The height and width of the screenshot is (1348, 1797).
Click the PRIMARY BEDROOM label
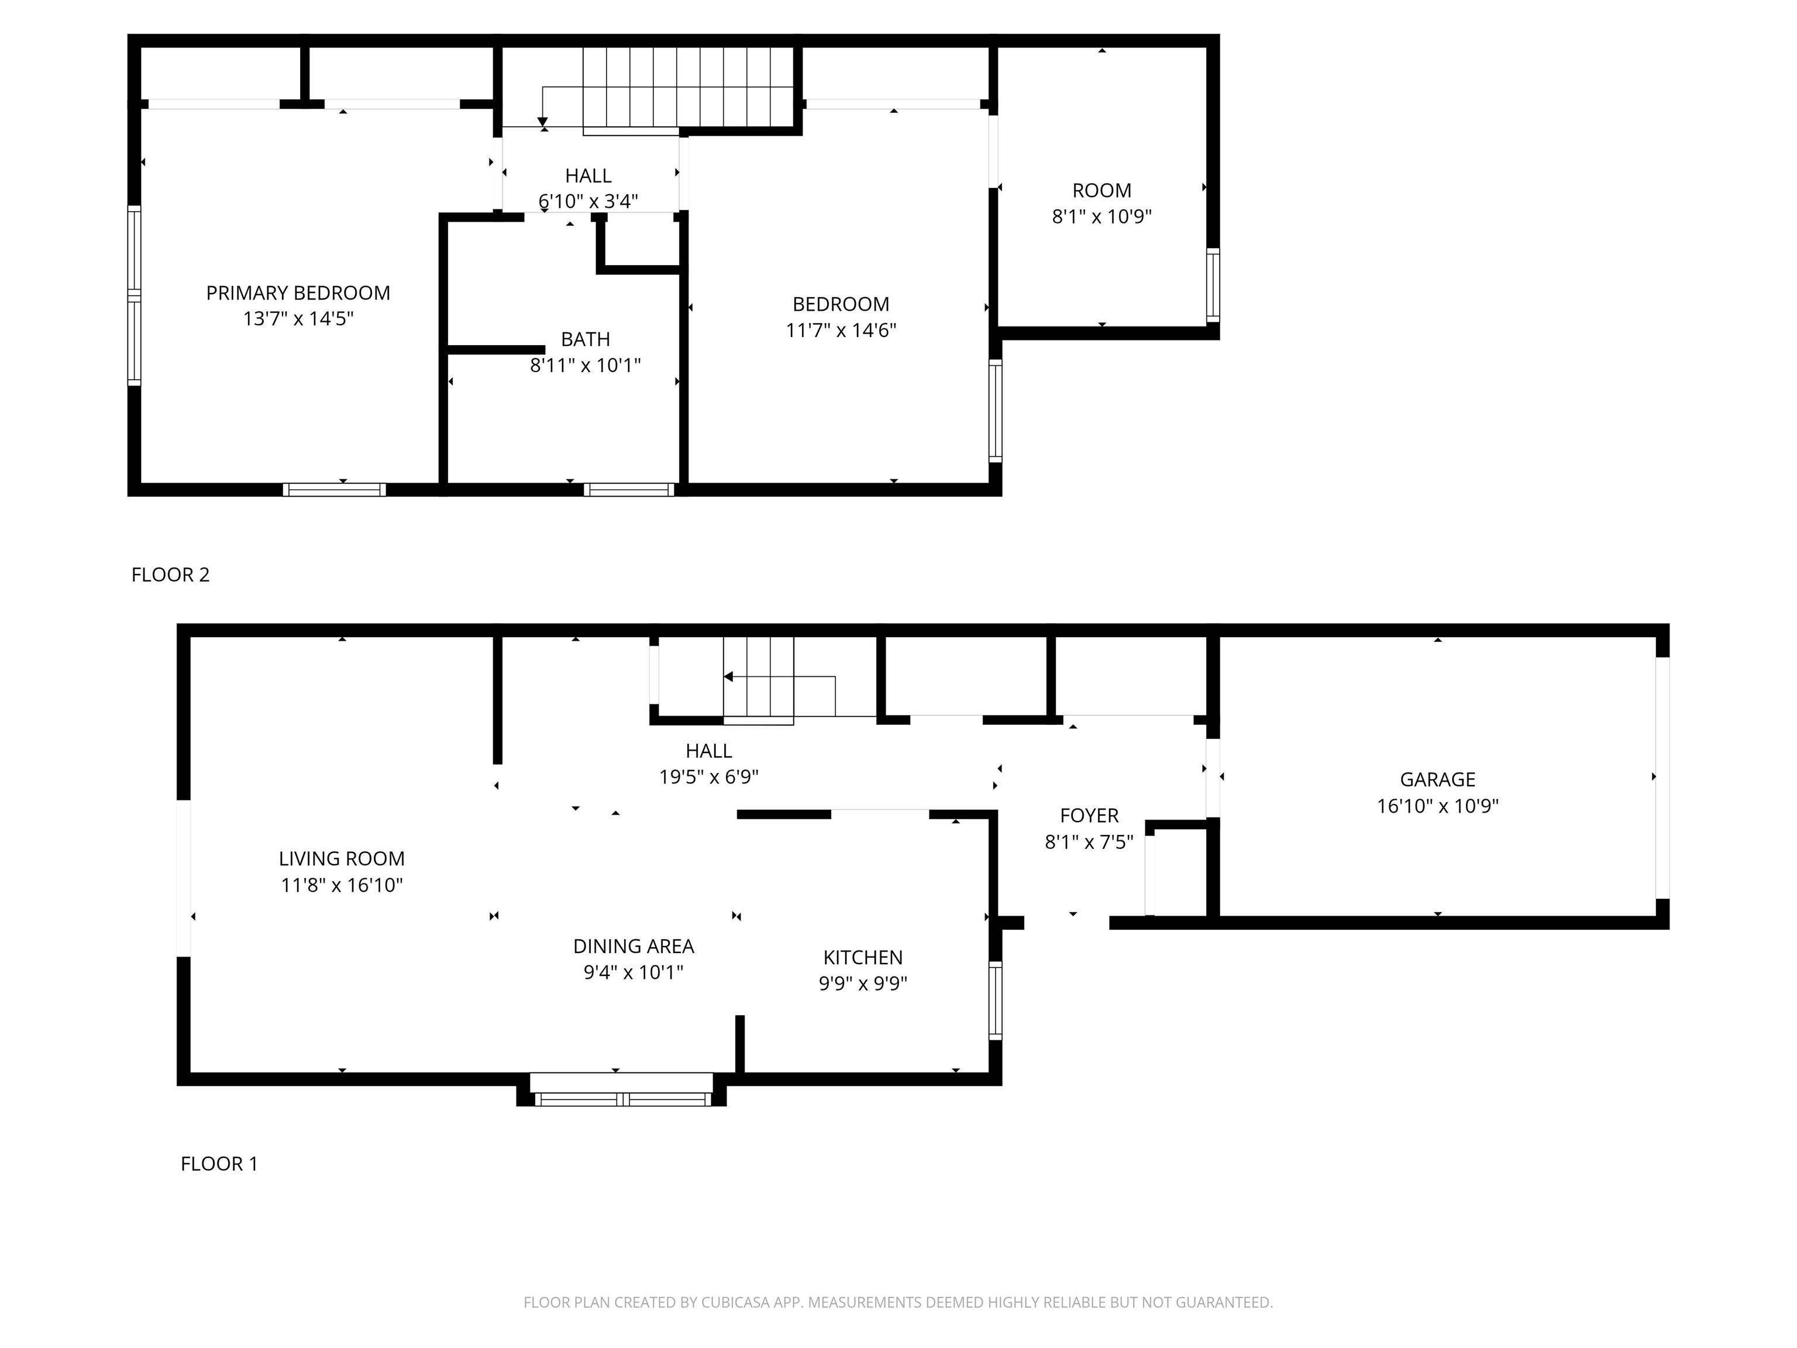tap(298, 293)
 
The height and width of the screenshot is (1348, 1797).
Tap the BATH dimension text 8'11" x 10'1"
tap(585, 365)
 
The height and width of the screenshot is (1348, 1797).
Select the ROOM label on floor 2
tap(1101, 190)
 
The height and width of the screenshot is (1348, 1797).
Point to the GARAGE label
tap(1437, 779)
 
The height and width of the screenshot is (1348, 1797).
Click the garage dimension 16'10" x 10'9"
tap(1437, 806)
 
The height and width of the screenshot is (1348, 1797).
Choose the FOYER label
tap(1089, 815)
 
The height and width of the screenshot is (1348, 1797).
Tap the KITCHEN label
tap(863, 957)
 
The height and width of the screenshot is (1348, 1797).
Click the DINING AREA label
tap(634, 946)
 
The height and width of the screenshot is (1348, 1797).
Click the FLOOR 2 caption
tap(171, 575)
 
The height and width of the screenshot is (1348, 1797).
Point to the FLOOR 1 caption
tap(219, 1164)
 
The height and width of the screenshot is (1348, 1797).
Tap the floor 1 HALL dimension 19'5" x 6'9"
tap(708, 777)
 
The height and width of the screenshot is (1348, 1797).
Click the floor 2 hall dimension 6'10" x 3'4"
tap(588, 201)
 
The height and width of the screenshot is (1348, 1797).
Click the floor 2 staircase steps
tap(688, 88)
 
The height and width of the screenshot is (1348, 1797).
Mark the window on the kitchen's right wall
tap(995, 1000)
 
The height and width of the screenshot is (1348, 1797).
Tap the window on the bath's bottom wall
tap(629, 489)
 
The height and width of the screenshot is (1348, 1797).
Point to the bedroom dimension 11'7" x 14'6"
tap(841, 330)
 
